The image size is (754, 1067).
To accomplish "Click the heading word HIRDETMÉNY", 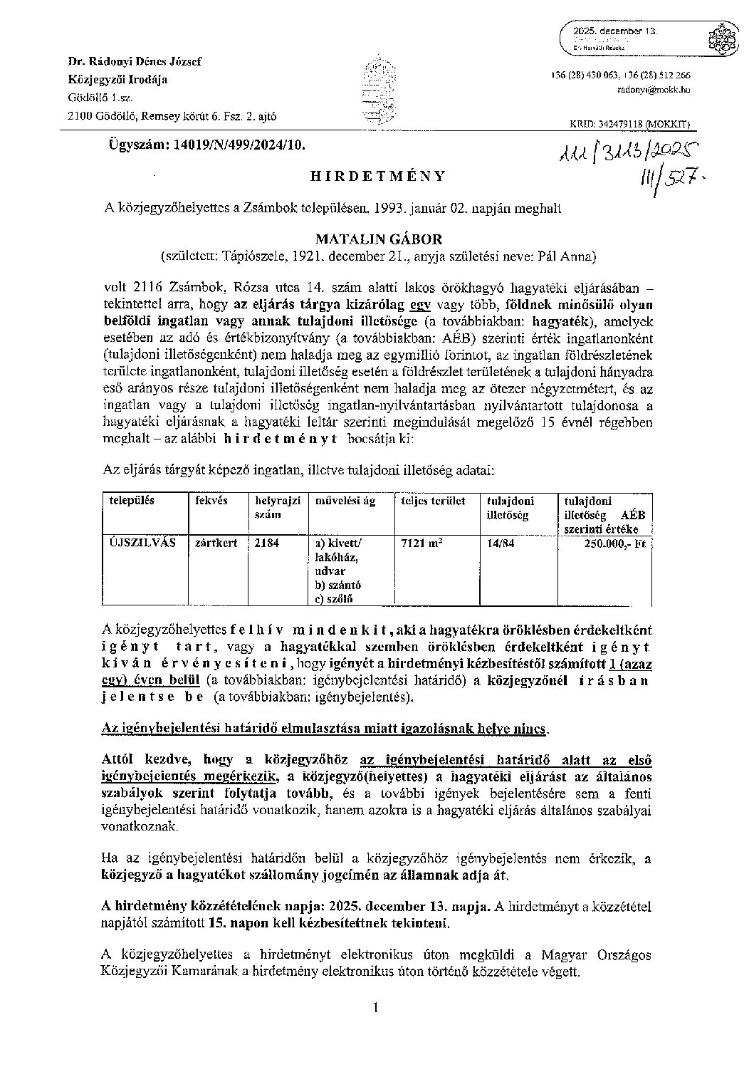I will point(377,177).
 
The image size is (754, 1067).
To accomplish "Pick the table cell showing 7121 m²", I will point(421,543).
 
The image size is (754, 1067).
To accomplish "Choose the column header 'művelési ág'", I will point(345,501).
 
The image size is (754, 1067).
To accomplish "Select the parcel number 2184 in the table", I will point(267,543).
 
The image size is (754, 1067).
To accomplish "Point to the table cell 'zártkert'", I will point(216,543).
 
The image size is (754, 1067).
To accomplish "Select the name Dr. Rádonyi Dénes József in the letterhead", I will point(135,61).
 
